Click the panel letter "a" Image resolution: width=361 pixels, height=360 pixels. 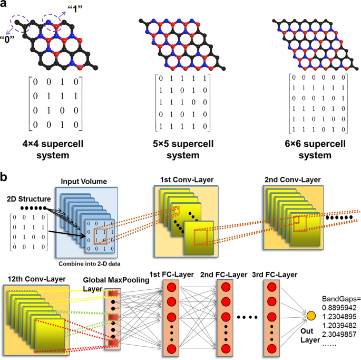[x=5, y=5]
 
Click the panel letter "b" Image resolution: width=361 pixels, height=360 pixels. [x=5, y=176]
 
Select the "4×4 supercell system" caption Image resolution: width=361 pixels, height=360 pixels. [x=53, y=149]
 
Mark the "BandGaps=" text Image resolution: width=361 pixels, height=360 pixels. [x=338, y=298]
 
